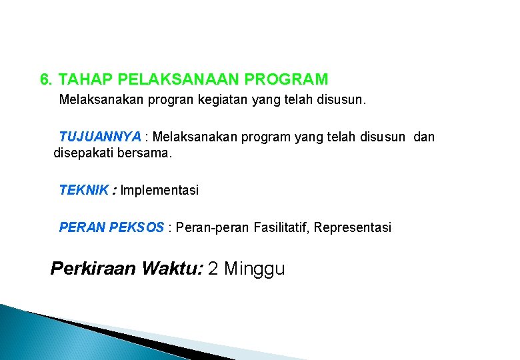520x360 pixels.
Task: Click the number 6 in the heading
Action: pyautogui.click(x=45, y=80)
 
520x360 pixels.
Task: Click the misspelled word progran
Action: pyautogui.click(x=146, y=101)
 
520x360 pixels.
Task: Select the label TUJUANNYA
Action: pyautogui.click(x=100, y=137)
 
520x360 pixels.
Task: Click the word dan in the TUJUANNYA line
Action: pyautogui.click(x=424, y=137)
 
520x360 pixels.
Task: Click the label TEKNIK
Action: pyautogui.click(x=83, y=191)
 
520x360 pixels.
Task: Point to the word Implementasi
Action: pyautogui.click(x=159, y=191)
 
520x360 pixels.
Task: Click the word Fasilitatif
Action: pyautogui.click(x=281, y=228)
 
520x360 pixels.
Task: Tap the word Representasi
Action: pyautogui.click(x=353, y=228)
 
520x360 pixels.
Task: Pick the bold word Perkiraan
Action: pyautogui.click(x=93, y=269)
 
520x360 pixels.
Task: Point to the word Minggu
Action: pyautogui.click(x=255, y=269)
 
